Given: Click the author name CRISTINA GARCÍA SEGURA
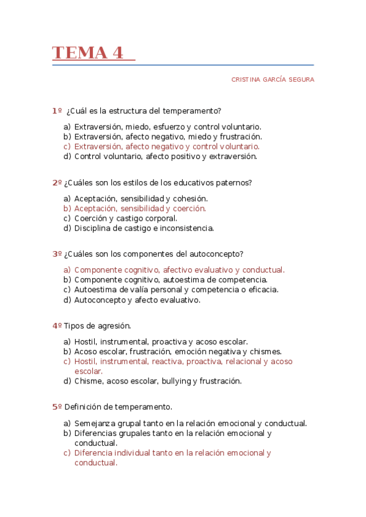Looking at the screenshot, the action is (273, 80).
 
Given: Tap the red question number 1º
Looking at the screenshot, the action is (57, 111).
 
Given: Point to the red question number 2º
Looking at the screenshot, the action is (57, 182).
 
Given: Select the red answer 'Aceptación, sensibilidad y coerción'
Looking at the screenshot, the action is (140, 209).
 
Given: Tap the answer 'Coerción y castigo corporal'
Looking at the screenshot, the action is (126, 218).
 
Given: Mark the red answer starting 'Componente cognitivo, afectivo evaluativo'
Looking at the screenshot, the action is (179, 269).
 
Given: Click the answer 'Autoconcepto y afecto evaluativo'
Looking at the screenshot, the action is (137, 299).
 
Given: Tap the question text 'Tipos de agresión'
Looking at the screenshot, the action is (97, 326).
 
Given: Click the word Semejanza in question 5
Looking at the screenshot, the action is (93, 423).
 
